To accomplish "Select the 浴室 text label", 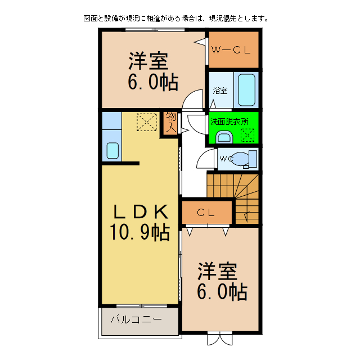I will click(x=220, y=91).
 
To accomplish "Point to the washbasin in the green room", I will click(x=224, y=137).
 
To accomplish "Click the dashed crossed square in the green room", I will click(x=247, y=135).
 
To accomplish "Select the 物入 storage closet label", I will click(x=171, y=122).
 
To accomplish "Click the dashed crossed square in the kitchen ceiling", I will click(x=146, y=121).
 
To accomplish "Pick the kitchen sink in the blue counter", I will click(x=112, y=150).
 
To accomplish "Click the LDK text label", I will click(x=140, y=211).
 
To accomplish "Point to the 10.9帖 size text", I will click(x=140, y=232).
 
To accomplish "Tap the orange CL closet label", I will click(x=206, y=213).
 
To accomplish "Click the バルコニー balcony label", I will click(x=136, y=319).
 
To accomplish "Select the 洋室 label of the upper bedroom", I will click(x=149, y=60).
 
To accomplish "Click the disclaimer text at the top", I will click(x=175, y=18).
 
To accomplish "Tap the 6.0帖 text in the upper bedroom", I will click(x=152, y=82).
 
